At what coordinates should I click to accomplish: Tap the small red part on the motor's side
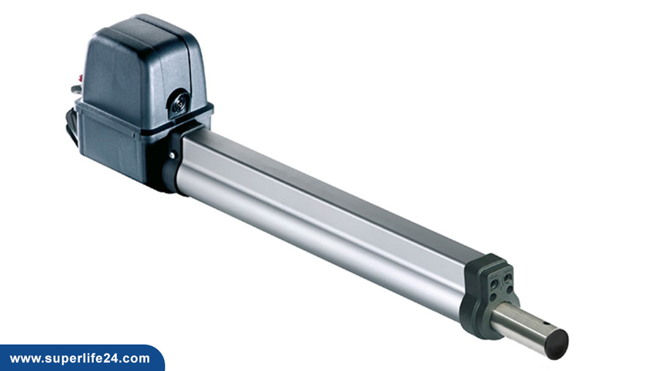[x=80, y=78]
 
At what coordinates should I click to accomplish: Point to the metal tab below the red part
[x=76, y=89]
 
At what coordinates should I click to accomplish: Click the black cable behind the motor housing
[x=72, y=126]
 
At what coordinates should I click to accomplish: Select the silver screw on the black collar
[x=172, y=156]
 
